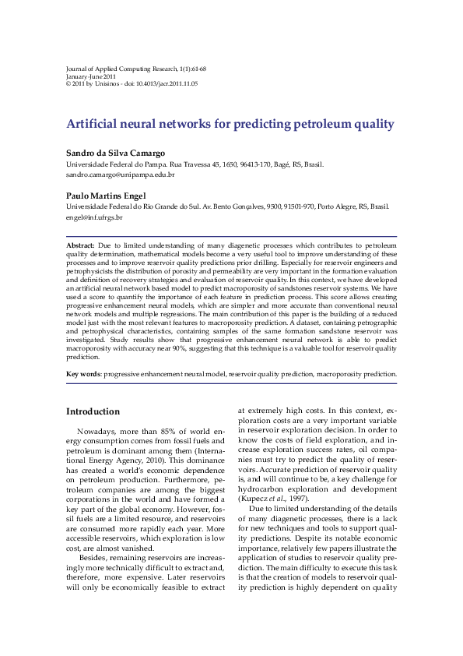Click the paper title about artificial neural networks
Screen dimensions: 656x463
tap(230, 124)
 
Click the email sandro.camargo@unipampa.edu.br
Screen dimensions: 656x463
tap(120, 175)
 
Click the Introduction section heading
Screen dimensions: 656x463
tap(93, 411)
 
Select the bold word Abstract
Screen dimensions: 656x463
tap(80, 245)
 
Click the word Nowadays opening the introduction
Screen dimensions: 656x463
tap(96, 431)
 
